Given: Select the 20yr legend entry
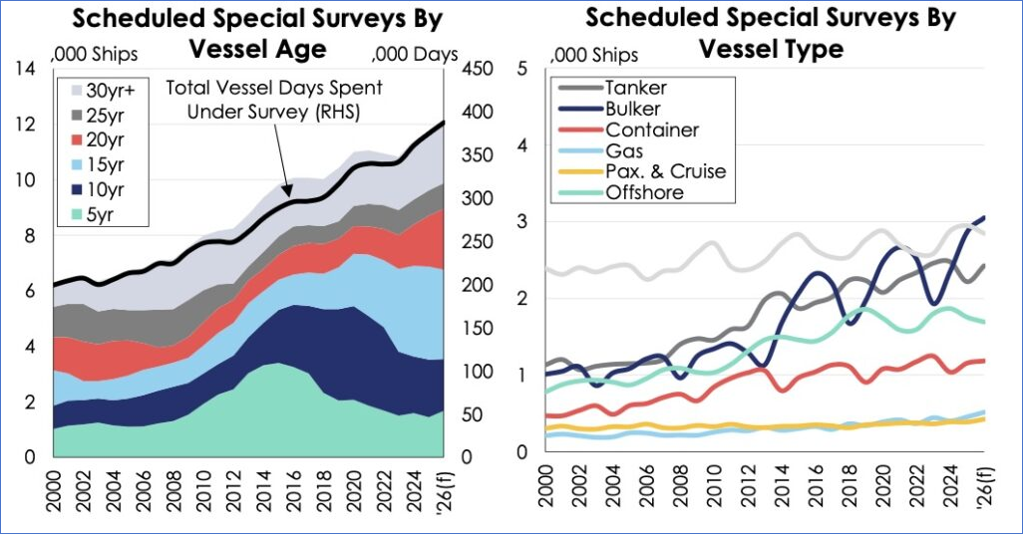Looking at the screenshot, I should point(96,138).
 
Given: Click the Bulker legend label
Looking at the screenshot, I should point(632,109).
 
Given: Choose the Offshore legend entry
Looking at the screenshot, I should point(644,192).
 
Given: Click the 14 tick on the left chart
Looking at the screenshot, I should point(27,69).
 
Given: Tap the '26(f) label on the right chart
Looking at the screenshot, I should point(984,491).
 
